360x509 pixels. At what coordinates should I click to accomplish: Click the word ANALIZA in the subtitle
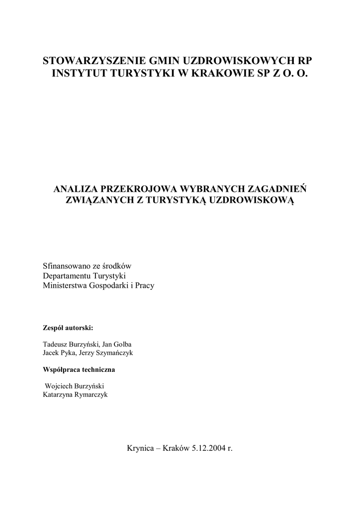click(75, 189)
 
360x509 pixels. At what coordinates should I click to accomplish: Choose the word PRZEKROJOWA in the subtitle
click(136, 189)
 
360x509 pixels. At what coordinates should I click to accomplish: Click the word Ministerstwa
click(64, 286)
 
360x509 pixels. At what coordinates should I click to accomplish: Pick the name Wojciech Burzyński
click(75, 386)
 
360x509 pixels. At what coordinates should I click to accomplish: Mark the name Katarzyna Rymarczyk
click(75, 394)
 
